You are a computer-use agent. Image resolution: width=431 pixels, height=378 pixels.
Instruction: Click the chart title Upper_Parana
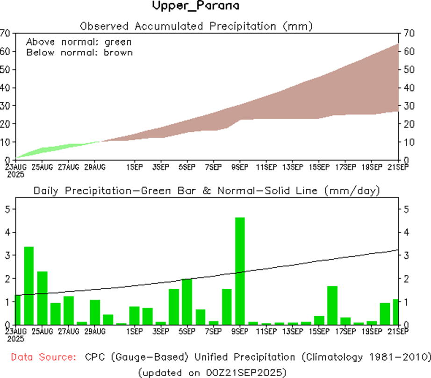pyautogui.click(x=195, y=6)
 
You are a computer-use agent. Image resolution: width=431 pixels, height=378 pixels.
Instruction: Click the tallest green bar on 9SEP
pyautogui.click(x=240, y=271)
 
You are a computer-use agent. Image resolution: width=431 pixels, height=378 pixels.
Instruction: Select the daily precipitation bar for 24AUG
pyautogui.click(x=29, y=285)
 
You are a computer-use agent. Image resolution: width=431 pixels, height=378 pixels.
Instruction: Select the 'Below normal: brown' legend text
pyautogui.click(x=79, y=52)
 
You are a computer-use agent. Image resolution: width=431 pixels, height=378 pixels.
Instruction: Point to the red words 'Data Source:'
pyautogui.click(x=43, y=357)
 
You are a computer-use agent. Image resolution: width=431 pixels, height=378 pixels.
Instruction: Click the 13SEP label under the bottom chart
pyautogui.click(x=293, y=331)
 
